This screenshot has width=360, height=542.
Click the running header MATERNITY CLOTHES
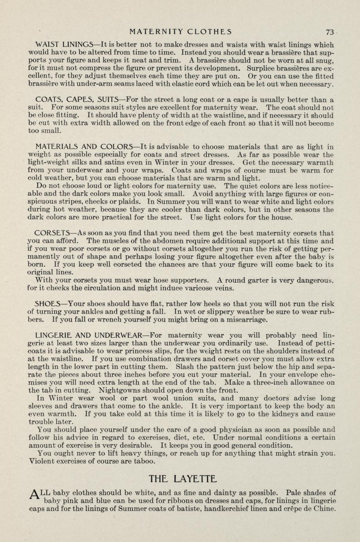181,32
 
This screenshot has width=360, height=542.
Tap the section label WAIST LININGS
64,45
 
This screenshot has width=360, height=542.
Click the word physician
235,430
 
